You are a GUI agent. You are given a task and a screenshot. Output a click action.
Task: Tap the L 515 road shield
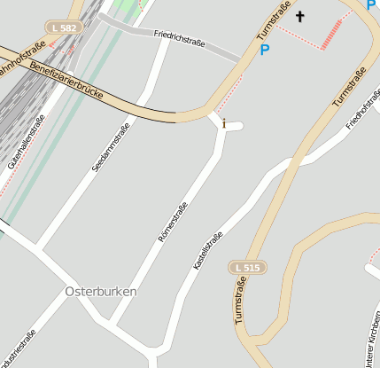click(x=248, y=267)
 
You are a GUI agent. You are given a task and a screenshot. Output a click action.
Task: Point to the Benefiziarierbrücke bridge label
click(x=66, y=79)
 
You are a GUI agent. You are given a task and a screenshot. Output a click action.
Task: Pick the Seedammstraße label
click(x=112, y=146)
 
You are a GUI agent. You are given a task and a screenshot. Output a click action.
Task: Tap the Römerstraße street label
click(x=173, y=223)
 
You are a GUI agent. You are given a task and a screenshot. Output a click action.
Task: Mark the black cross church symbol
click(x=299, y=16)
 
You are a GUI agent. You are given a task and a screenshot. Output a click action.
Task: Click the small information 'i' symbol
click(x=224, y=123)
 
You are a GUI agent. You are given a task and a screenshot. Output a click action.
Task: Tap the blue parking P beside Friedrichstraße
click(x=264, y=51)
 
